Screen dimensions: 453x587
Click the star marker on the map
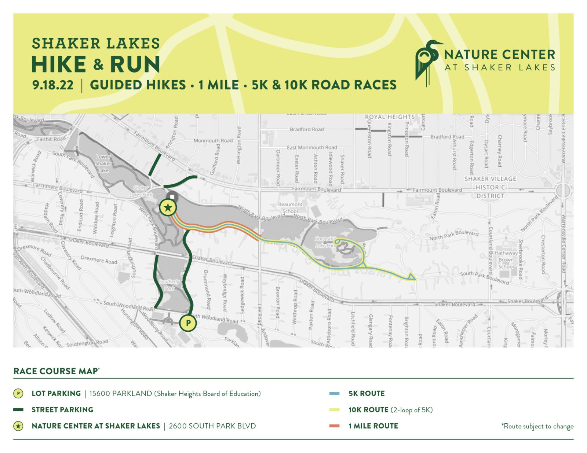click(x=168, y=208)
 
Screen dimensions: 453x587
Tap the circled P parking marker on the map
click(x=188, y=323)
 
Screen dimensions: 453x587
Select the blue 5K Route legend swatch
click(x=335, y=394)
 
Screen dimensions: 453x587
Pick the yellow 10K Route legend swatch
click(x=335, y=410)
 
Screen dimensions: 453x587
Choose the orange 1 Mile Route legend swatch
click(x=335, y=426)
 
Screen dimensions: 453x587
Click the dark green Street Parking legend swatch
click(x=18, y=410)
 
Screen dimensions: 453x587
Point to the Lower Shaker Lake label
click(x=103, y=163)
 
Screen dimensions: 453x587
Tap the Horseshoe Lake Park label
click(x=325, y=242)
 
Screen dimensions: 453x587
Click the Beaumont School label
click(x=290, y=208)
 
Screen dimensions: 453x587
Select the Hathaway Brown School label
click(x=506, y=260)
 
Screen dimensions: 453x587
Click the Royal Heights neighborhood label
click(x=390, y=117)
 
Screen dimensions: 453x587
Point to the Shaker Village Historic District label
click(x=490, y=187)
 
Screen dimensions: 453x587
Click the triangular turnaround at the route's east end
click(x=412, y=277)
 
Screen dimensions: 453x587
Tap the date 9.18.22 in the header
click(x=53, y=85)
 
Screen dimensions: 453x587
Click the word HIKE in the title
click(x=59, y=65)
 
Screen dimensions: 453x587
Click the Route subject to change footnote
click(x=537, y=426)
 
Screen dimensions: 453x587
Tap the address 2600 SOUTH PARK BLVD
click(x=212, y=426)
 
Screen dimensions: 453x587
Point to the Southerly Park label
click(x=170, y=285)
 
